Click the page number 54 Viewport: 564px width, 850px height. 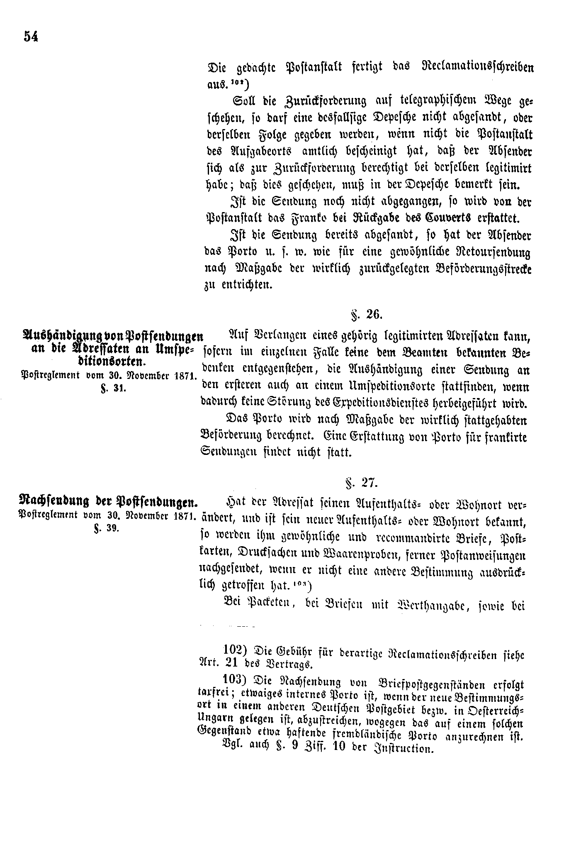[x=31, y=37]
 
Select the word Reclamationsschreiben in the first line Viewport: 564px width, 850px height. [x=477, y=67]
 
